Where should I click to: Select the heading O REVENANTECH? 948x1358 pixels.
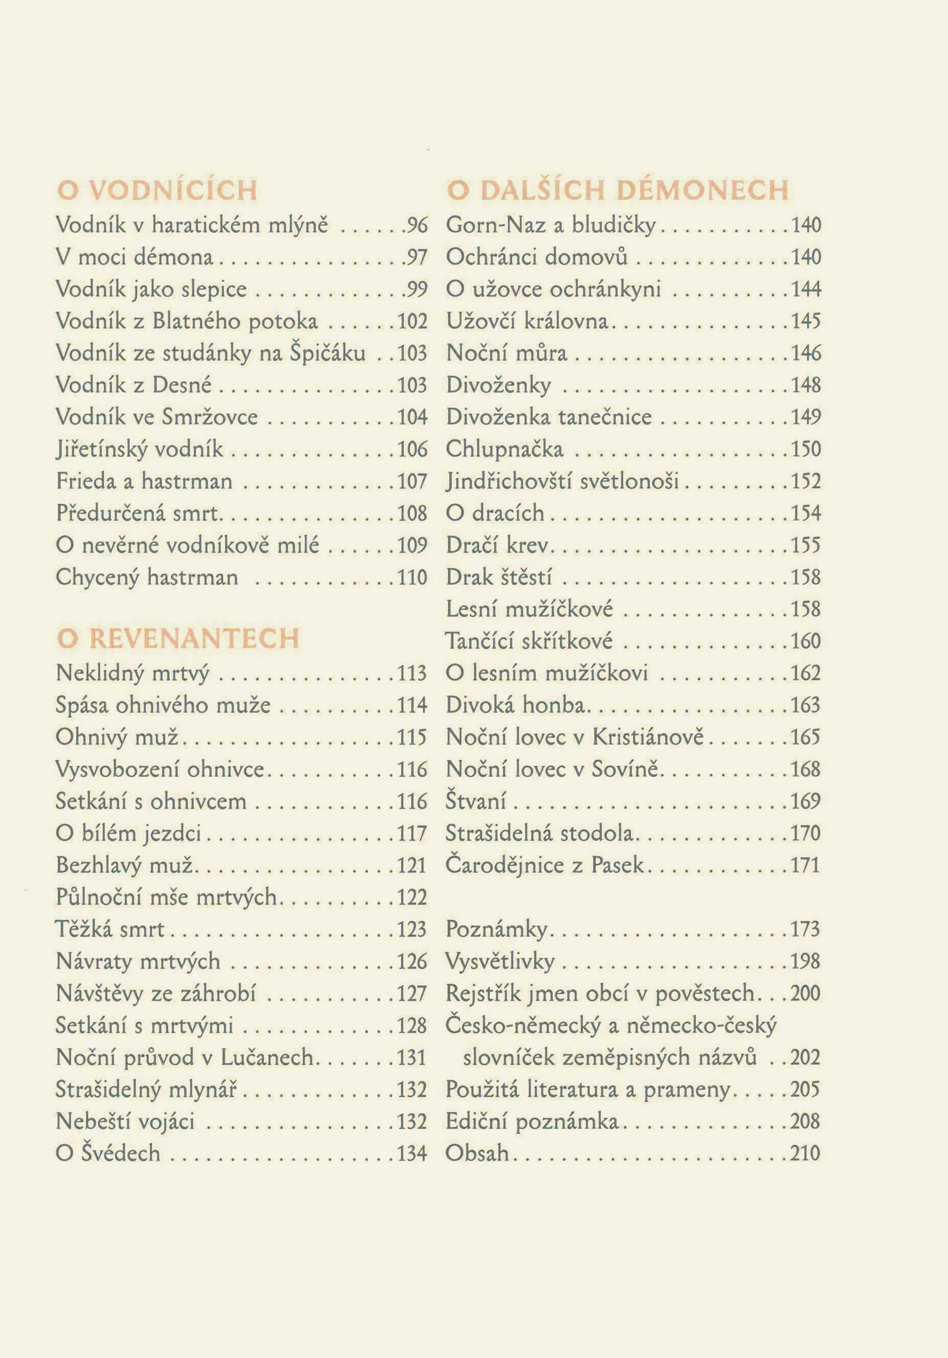coord(178,639)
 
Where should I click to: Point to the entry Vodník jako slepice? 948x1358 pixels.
coord(151,289)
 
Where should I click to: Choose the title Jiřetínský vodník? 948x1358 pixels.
coord(140,450)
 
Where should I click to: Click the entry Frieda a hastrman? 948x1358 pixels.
coord(144,481)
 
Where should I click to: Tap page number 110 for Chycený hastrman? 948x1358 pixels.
coord(412,577)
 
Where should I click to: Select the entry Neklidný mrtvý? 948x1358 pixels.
coord(132,673)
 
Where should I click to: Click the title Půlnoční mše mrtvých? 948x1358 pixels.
coord(166,897)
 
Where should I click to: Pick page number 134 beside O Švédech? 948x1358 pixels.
coord(412,1153)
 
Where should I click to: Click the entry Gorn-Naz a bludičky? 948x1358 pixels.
coord(551,226)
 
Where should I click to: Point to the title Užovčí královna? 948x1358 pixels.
coord(527,321)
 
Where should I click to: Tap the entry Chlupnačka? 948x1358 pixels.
coord(505,450)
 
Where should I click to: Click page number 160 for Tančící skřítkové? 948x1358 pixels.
coord(806,641)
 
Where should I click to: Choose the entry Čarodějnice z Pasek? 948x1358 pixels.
coord(544,865)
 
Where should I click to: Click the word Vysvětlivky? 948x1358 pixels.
coord(500,962)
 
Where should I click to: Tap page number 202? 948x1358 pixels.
coord(805,1058)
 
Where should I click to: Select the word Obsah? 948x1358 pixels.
coord(477,1153)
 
